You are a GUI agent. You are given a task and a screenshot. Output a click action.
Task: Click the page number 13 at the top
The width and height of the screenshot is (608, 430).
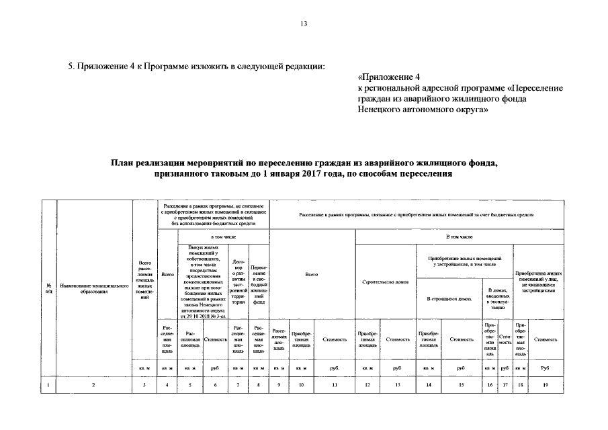point(304,24)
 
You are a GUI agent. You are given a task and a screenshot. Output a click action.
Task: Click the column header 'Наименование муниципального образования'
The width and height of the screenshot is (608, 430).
point(93,288)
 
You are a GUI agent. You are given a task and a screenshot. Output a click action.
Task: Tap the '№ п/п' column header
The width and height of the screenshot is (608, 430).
point(49,288)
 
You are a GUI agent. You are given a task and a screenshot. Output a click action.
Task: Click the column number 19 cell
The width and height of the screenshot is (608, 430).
point(545,384)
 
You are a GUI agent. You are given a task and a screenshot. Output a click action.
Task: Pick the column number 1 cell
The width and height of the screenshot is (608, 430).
point(49,384)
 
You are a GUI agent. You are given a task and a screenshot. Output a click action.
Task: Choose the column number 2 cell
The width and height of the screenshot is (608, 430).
point(93,384)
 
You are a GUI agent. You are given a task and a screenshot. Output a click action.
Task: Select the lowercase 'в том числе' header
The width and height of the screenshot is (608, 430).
point(222,237)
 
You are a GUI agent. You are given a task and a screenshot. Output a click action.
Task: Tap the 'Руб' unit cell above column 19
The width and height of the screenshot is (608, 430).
point(545,368)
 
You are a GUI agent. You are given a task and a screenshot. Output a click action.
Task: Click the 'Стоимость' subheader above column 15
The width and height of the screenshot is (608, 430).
point(461,339)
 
